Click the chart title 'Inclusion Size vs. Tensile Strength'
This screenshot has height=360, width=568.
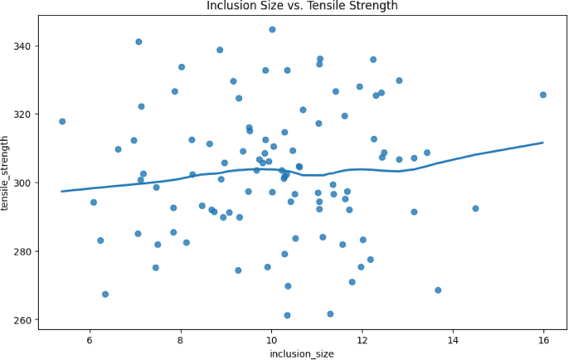[x=302, y=7]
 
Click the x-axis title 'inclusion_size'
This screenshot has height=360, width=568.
[x=302, y=354]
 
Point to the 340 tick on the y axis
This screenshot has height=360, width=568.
[x=24, y=46]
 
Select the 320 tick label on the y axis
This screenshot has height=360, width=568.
[x=24, y=114]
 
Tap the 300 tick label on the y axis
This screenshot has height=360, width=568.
[x=24, y=182]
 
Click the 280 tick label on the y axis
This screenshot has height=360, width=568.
[x=24, y=251]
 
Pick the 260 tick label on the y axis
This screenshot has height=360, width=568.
[x=24, y=320]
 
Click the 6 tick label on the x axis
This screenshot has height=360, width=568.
[x=90, y=338]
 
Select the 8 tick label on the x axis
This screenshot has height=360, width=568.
[x=181, y=338]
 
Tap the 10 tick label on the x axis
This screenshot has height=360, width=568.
[x=271, y=338]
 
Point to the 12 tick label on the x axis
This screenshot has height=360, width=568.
[x=362, y=338]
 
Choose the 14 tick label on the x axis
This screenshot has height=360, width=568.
[x=453, y=338]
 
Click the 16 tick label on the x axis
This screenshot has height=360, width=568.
[x=544, y=338]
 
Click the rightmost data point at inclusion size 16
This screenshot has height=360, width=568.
[x=543, y=95]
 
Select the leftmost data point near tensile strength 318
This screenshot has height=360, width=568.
[x=62, y=121]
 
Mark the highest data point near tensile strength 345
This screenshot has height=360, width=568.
[x=272, y=30]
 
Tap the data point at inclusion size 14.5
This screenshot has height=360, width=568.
[x=475, y=208]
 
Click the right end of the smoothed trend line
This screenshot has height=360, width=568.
[x=543, y=143]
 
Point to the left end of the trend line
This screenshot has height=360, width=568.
[x=62, y=191]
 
